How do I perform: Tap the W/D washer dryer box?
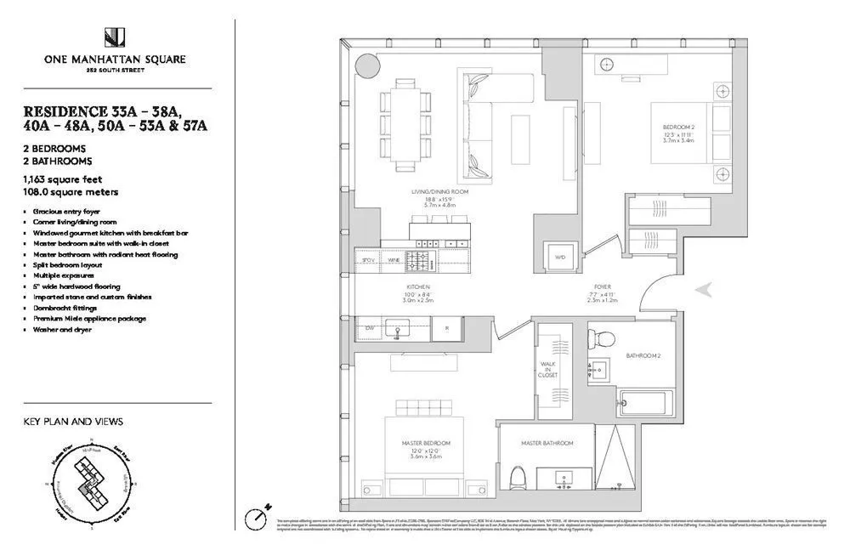pos(559,256)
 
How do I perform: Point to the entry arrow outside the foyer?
pos(704,290)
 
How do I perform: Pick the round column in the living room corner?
pos(367,65)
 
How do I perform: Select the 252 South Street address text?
pos(115,71)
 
